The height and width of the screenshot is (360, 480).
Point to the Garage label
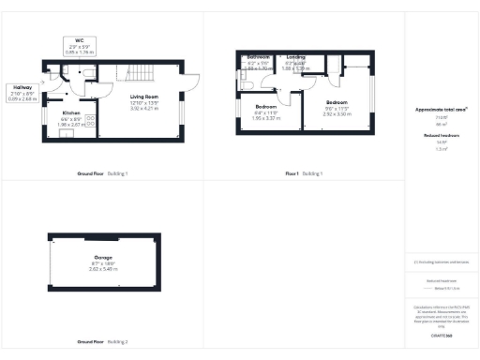point(104,259)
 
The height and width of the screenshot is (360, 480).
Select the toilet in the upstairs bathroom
point(247,85)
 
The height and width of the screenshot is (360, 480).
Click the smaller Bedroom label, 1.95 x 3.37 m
point(266,111)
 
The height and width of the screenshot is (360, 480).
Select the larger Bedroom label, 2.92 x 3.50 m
point(337,104)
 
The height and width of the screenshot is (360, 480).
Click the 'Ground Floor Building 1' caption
point(102,174)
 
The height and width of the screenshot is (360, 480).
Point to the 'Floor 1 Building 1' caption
point(304,174)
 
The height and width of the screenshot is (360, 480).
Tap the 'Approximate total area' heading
point(441,111)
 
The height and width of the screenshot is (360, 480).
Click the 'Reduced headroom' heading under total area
point(441,136)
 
